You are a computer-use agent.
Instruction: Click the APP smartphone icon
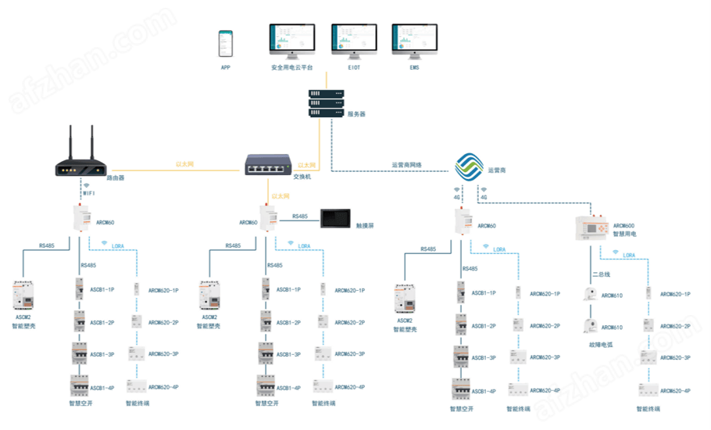click(x=225, y=44)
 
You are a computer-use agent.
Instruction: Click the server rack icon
click(x=327, y=103)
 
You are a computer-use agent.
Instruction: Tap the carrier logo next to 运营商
click(x=470, y=166)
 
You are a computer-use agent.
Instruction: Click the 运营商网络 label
click(x=406, y=165)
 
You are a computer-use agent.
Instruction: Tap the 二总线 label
click(x=601, y=274)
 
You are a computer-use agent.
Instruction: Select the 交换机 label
click(x=302, y=177)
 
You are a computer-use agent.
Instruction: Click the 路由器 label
click(x=116, y=178)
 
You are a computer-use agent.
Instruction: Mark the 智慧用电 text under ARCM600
click(x=625, y=233)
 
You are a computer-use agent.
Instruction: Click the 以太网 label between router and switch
click(x=184, y=164)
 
